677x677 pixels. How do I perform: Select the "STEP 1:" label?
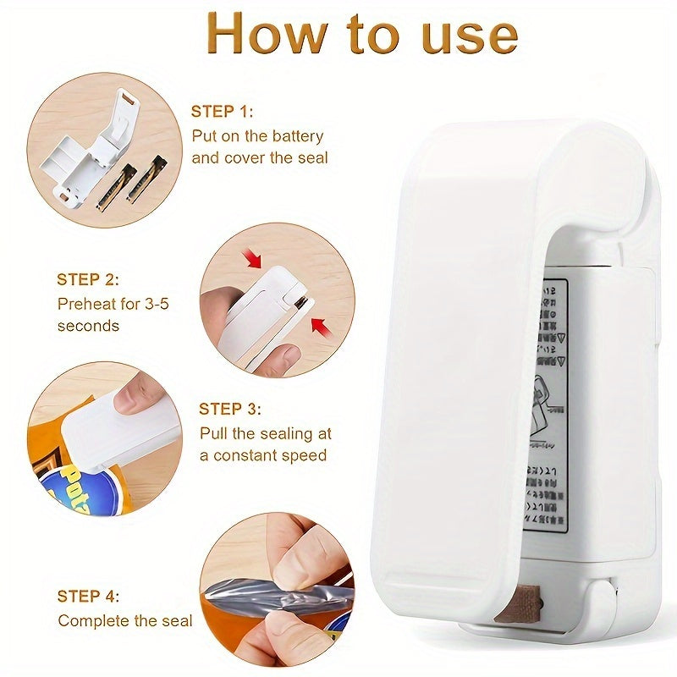[x=222, y=112]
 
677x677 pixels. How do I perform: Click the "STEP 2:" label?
[x=88, y=279]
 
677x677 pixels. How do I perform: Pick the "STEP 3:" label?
[x=230, y=409]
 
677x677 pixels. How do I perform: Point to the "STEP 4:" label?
[x=88, y=596]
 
